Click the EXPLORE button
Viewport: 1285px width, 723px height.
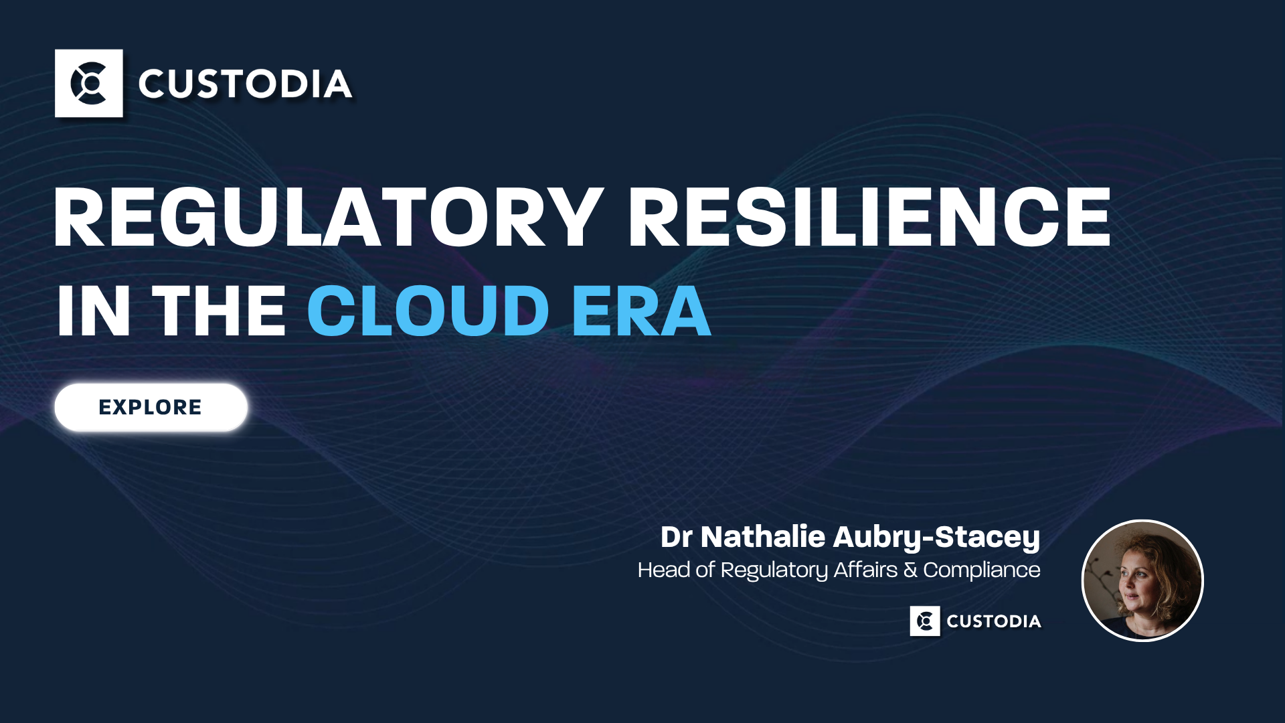pyautogui.click(x=151, y=407)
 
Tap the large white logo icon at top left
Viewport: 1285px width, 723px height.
pyautogui.click(x=89, y=83)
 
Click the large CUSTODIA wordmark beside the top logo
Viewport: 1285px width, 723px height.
pyautogui.click(x=245, y=84)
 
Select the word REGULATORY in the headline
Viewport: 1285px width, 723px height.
pyautogui.click(x=329, y=218)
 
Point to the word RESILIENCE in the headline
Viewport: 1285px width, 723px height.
pyautogui.click(x=869, y=218)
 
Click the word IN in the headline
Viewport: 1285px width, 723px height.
pyautogui.click(x=93, y=311)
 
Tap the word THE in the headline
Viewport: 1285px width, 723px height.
pyautogui.click(x=220, y=311)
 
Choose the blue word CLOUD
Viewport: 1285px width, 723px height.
pyautogui.click(x=428, y=311)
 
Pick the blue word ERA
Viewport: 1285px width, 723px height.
pyautogui.click(x=641, y=311)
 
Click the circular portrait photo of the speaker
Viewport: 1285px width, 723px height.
pyautogui.click(x=1142, y=580)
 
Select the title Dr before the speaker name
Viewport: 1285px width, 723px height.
pyautogui.click(x=676, y=537)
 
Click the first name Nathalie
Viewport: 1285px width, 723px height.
pyautogui.click(x=763, y=537)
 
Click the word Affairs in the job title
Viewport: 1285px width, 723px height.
pyautogui.click(x=865, y=570)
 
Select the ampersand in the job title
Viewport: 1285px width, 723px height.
pyautogui.click(x=911, y=570)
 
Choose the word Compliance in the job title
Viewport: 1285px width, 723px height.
pyautogui.click(x=982, y=570)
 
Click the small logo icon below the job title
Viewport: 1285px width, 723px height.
pyautogui.click(x=925, y=621)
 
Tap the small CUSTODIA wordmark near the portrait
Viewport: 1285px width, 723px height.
pyautogui.click(x=994, y=621)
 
